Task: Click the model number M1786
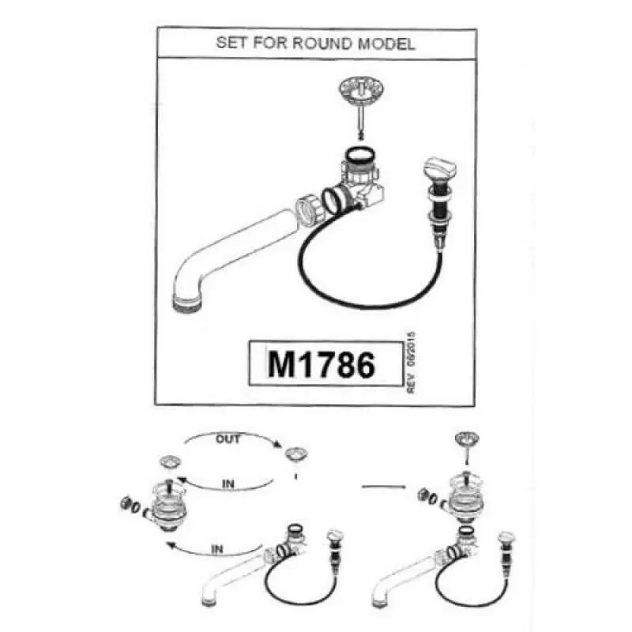(322, 364)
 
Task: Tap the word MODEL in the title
(386, 43)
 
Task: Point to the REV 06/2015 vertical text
(411, 363)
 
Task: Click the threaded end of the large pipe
(187, 303)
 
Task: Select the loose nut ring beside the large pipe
(310, 205)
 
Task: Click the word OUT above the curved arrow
(228, 439)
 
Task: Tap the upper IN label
(228, 483)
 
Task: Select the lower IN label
(216, 549)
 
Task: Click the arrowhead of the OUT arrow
(277, 445)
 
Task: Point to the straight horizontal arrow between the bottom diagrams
(384, 487)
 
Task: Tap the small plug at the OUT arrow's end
(296, 454)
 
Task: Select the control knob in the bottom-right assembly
(506, 537)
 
